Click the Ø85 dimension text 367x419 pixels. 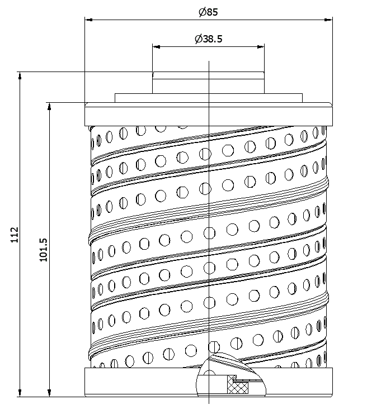[x=208, y=12]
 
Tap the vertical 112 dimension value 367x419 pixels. [x=15, y=235]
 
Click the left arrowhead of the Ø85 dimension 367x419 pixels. [x=88, y=19]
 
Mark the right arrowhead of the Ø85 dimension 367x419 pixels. [x=330, y=19]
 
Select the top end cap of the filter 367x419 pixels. [x=208, y=115]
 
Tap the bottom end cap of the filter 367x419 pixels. [x=140, y=382]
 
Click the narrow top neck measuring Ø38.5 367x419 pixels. [x=208, y=82]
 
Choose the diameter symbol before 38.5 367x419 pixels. [x=198, y=39]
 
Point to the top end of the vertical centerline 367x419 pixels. [x=209, y=61]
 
